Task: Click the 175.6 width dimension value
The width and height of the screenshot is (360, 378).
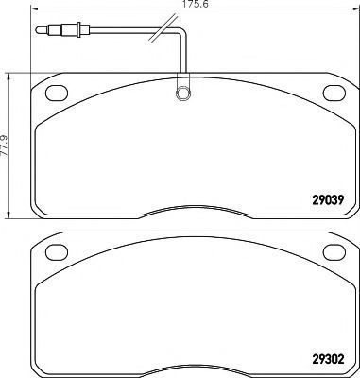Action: click(196, 4)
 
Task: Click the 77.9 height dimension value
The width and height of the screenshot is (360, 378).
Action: click(4, 146)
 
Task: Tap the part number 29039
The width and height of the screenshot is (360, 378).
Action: click(327, 199)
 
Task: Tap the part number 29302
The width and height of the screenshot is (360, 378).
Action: click(327, 358)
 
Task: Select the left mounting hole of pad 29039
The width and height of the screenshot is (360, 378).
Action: click(57, 94)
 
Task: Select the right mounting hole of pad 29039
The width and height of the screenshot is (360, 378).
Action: click(334, 94)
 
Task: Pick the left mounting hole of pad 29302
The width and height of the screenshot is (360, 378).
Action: click(57, 252)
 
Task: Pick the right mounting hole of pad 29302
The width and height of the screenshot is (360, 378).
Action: click(334, 252)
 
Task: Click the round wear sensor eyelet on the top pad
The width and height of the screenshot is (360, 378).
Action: click(182, 94)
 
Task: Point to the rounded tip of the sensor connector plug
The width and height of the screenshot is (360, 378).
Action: click(38, 30)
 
